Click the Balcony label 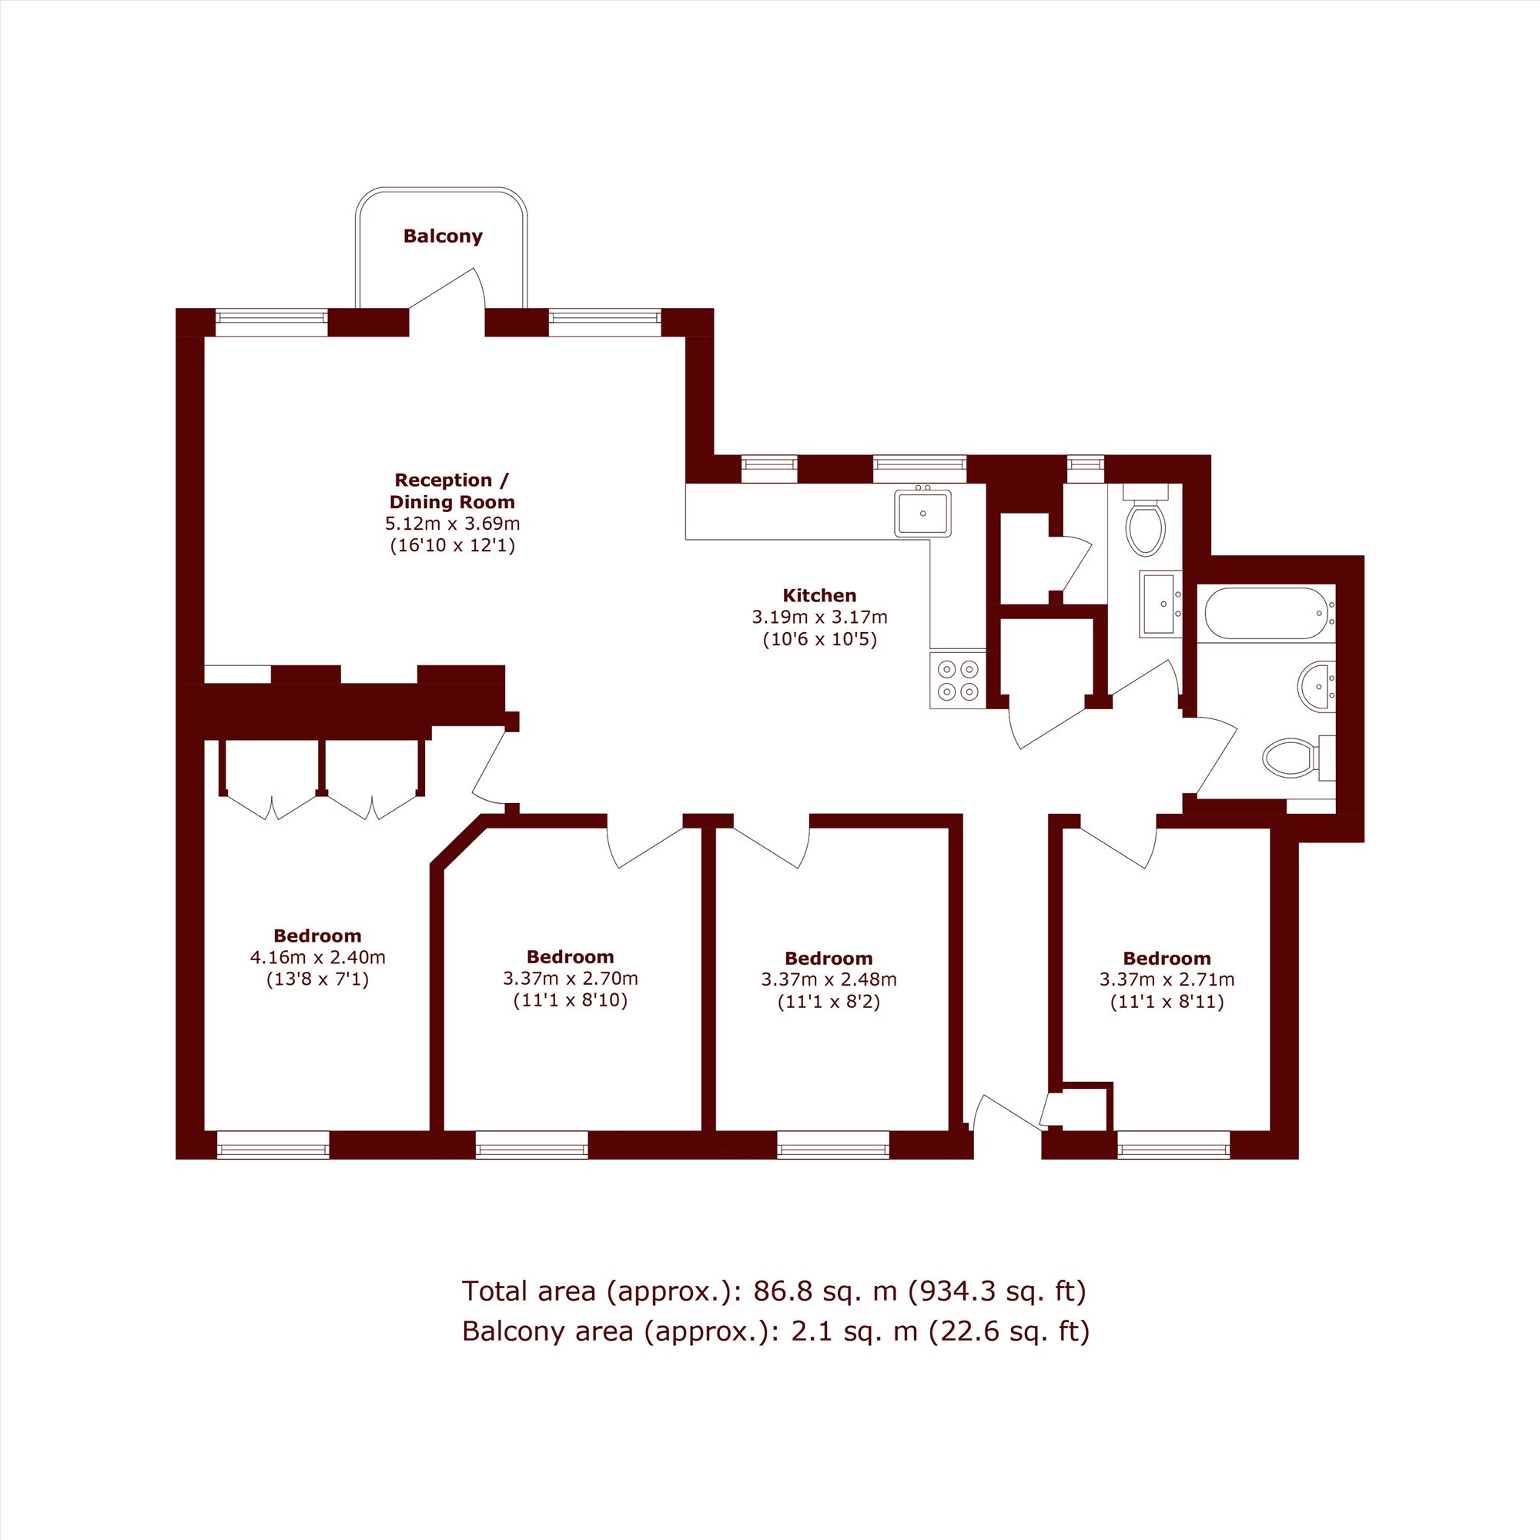tap(443, 236)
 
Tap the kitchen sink tap(922, 513)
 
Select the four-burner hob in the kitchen tap(957, 680)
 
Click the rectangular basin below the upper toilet tap(1161, 604)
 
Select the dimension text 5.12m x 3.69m tap(452, 524)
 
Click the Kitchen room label tap(819, 595)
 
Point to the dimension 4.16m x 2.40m tap(317, 957)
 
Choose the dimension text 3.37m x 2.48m tap(829, 979)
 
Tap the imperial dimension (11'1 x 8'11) tap(1167, 1001)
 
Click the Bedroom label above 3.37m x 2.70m tap(570, 956)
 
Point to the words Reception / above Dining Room tap(451, 480)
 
